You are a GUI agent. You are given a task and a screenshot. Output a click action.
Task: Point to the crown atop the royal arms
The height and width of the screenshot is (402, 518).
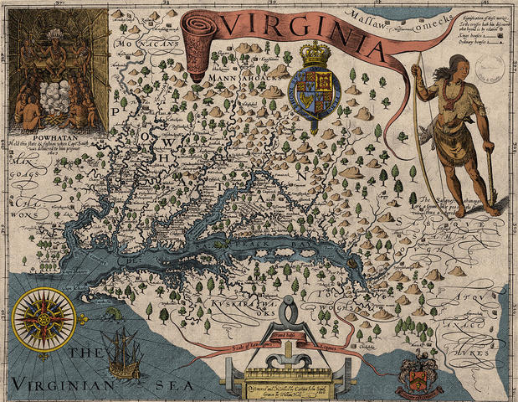[316, 55]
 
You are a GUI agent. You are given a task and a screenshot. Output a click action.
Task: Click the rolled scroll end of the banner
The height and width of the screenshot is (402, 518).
[198, 46]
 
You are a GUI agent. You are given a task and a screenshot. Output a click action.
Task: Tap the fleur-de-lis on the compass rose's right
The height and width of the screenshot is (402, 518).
[83, 319]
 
